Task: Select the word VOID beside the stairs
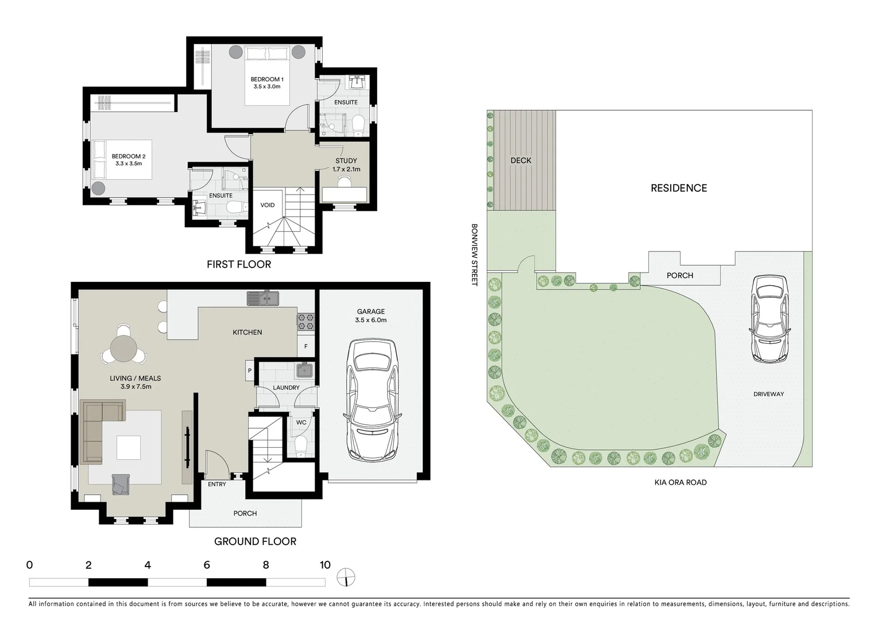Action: (267, 205)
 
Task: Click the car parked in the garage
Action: (372, 399)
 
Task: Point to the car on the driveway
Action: (769, 319)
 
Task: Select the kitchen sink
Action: (263, 299)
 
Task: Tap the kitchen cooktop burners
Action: (305, 321)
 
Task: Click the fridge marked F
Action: (306, 347)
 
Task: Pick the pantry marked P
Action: (250, 371)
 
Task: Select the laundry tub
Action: (304, 370)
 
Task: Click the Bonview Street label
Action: (474, 255)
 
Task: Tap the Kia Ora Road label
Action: (680, 482)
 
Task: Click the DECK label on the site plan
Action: (521, 160)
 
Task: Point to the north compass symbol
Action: (346, 578)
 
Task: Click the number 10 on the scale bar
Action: (325, 565)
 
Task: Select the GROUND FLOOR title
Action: (255, 541)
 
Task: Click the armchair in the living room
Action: (121, 485)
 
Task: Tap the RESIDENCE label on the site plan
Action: (679, 188)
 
